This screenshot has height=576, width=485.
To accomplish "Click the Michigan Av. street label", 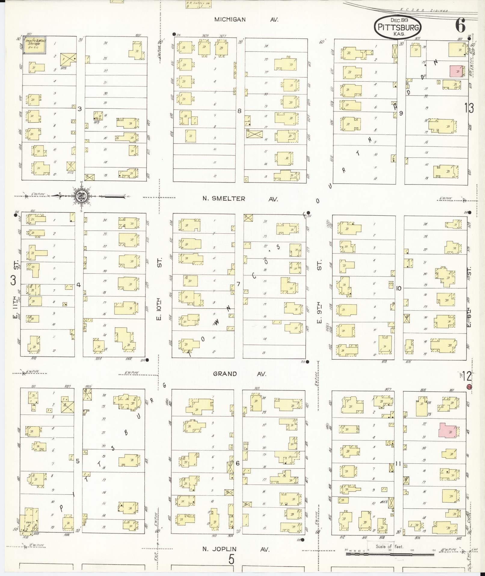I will tap(246, 20).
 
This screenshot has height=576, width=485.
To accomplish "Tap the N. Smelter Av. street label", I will tap(240, 199).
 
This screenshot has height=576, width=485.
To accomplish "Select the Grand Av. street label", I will tap(240, 374).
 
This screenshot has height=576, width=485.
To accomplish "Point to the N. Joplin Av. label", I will tap(235, 549).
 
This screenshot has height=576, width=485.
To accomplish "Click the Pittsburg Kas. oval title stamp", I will tap(398, 27).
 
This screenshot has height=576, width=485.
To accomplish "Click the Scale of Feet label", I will tap(389, 546).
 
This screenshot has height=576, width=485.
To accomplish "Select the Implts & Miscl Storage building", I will tap(35, 46).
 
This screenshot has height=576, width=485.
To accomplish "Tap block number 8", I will tap(239, 111).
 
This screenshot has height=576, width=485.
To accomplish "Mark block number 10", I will tap(399, 288).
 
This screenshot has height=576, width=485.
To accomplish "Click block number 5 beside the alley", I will tap(78, 461).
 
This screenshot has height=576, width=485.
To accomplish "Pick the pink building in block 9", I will tap(456, 71).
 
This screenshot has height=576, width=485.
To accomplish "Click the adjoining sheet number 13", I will tap(469, 108).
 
